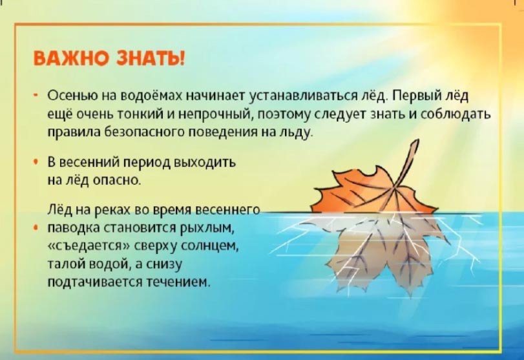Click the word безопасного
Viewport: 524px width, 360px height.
coord(145,132)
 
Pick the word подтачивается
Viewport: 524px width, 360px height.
coord(95,282)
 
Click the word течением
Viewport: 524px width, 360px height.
coord(179,282)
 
